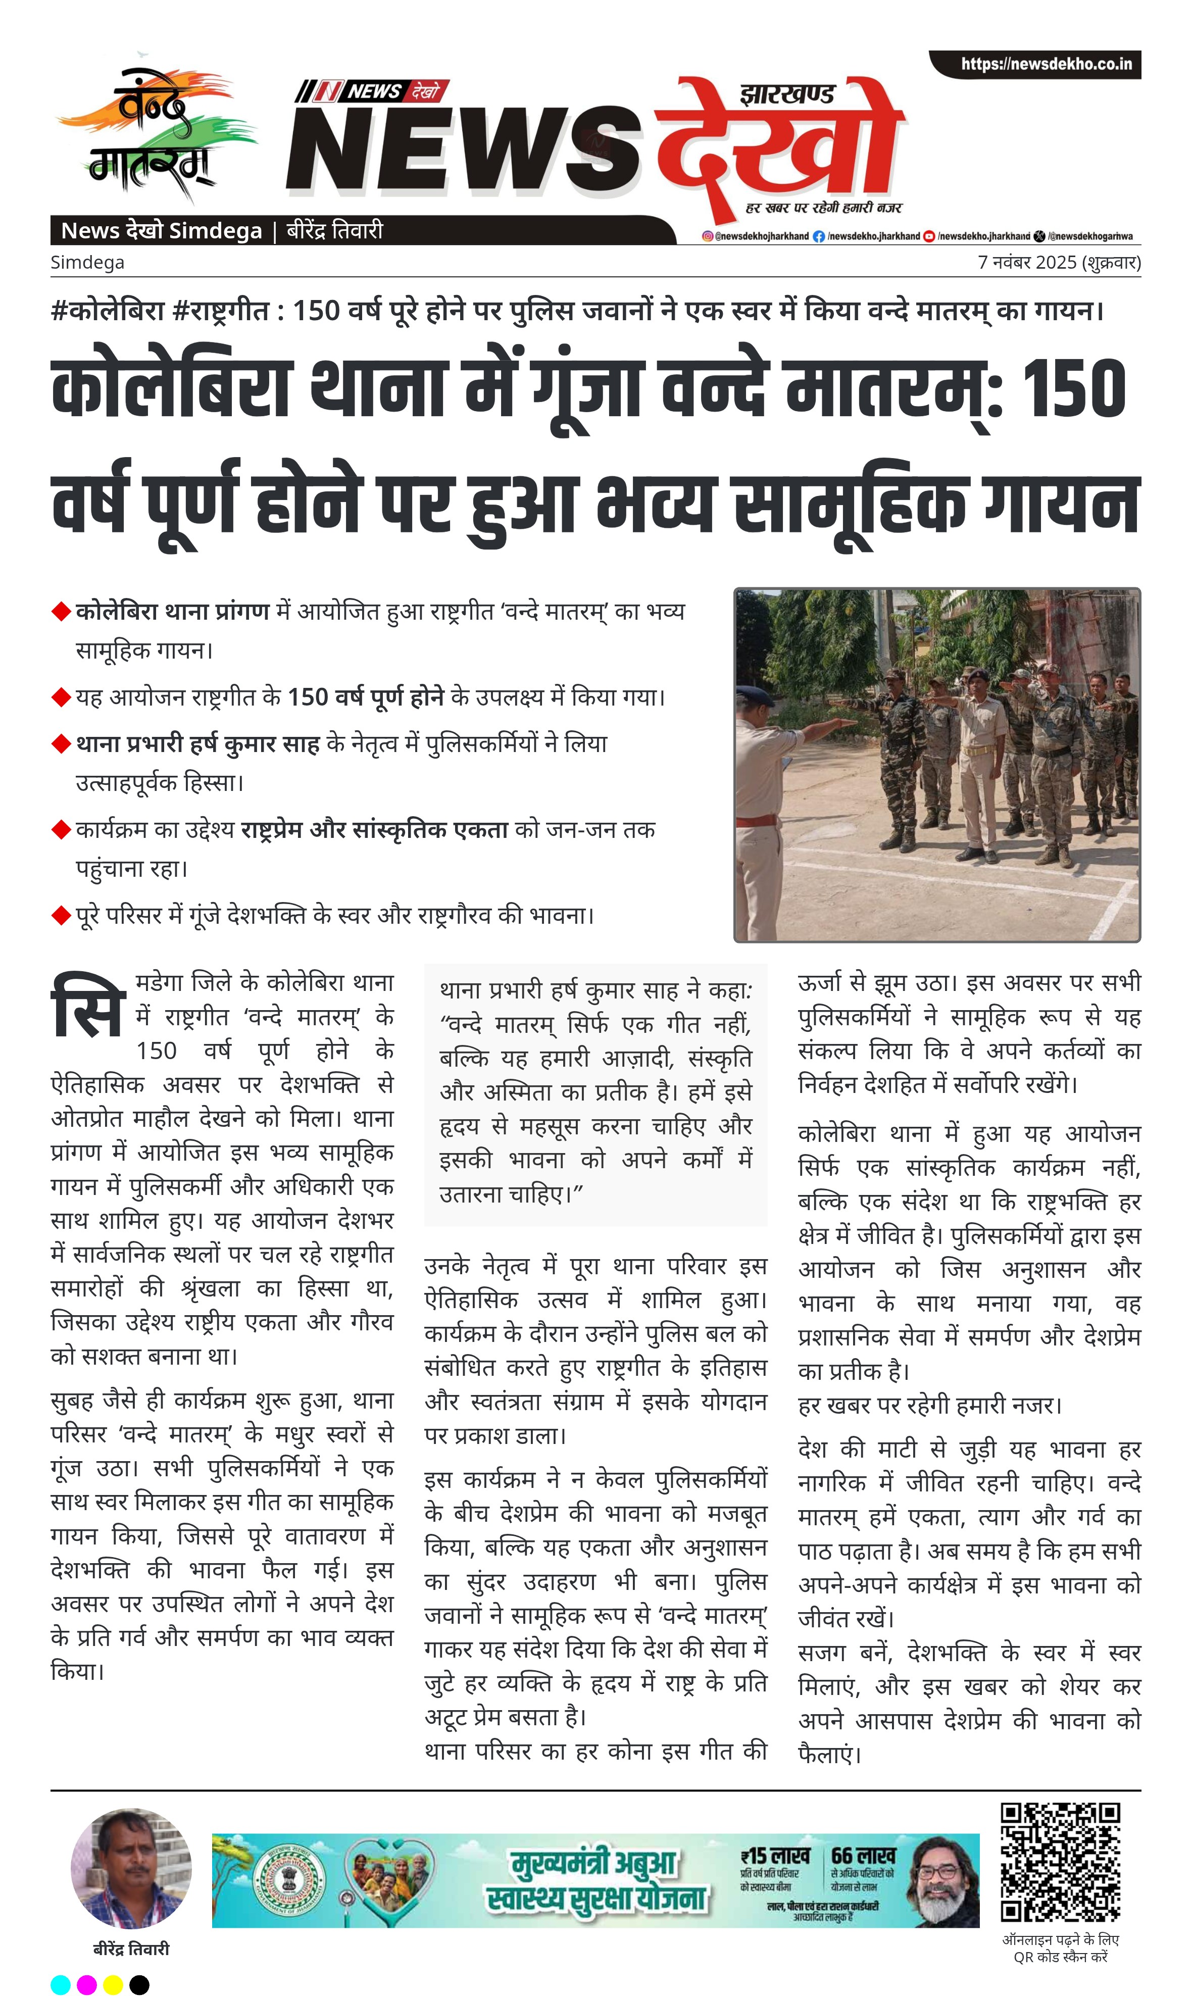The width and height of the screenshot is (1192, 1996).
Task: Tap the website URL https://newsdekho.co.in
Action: (1046, 64)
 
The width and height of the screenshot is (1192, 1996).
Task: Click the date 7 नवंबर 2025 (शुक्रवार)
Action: (1059, 263)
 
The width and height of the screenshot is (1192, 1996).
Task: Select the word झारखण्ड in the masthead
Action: (787, 95)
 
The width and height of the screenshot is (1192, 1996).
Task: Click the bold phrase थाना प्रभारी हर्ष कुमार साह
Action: (197, 744)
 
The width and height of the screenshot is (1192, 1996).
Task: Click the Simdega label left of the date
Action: (87, 263)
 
